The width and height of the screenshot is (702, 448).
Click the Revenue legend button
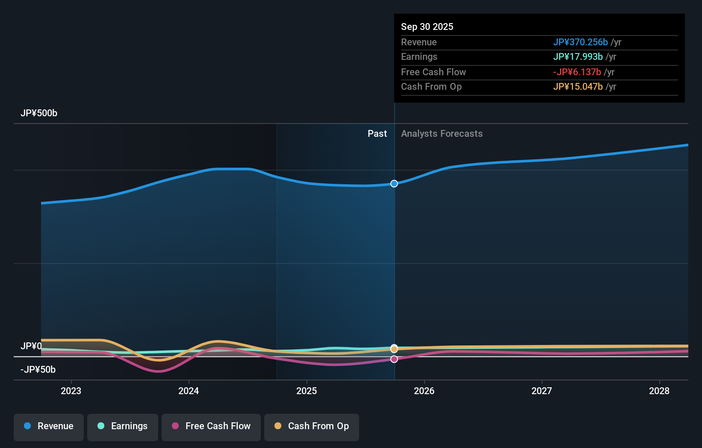(x=49, y=427)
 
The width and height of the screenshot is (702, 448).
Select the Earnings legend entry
(x=123, y=427)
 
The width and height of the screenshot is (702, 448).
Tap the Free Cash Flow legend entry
(x=211, y=427)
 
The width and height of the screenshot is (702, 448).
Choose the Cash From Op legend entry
(x=312, y=427)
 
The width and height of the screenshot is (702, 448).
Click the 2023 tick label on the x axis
(x=71, y=391)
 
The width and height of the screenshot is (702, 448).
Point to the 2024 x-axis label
(x=189, y=391)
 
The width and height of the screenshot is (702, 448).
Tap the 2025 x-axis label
(x=307, y=391)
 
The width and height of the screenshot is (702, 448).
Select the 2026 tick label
(x=424, y=391)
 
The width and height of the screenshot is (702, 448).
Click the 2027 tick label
(x=542, y=391)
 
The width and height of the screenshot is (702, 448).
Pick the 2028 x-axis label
(x=659, y=391)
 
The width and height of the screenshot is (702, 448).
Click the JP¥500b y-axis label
(x=39, y=113)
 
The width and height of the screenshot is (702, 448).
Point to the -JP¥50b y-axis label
(x=38, y=370)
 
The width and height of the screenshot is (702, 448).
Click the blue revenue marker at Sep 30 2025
(x=394, y=183)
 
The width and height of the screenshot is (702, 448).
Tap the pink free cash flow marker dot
(x=394, y=359)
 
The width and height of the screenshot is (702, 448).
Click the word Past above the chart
(x=377, y=134)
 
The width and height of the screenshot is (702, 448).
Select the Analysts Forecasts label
(x=442, y=134)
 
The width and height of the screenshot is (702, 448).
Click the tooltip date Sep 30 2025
(x=427, y=27)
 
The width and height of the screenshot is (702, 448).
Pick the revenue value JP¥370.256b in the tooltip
(x=580, y=42)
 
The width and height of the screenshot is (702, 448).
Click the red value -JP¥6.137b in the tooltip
(x=577, y=72)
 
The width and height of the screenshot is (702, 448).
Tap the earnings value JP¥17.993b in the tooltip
(x=578, y=57)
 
